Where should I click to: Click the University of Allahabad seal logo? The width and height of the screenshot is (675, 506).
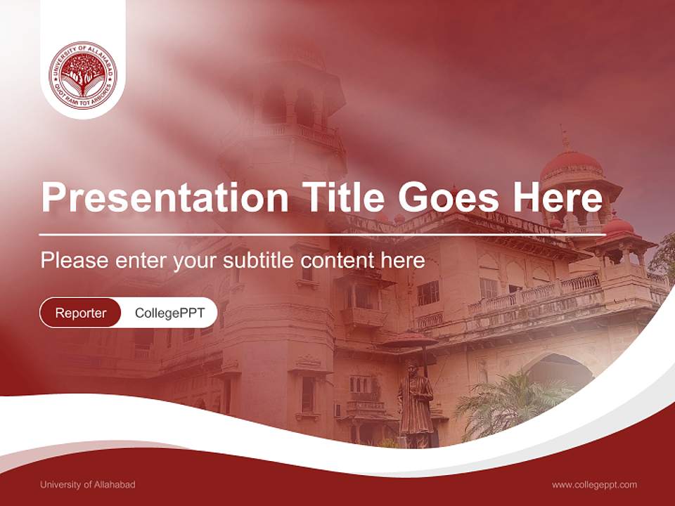83,75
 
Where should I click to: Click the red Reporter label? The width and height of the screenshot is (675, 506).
81,313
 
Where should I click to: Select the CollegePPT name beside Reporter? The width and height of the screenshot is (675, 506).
169,313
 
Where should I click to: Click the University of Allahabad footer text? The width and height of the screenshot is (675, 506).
88,484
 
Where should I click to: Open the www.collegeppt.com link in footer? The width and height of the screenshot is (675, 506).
594,484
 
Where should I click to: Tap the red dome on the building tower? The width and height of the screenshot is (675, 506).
571,163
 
